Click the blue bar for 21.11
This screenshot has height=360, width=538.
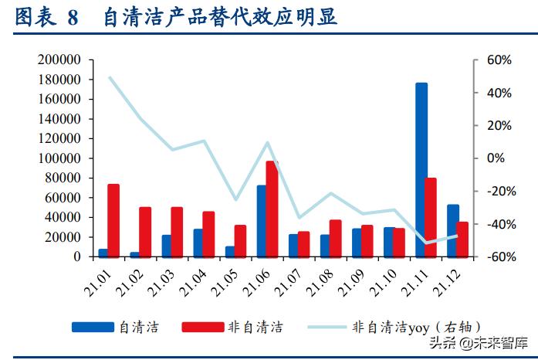pos(421,169)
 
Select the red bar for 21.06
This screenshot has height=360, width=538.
pos(272,209)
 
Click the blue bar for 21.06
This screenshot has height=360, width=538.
pos(262,221)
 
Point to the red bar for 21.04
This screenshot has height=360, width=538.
pos(208,234)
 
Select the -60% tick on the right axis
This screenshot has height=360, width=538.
pos(498,256)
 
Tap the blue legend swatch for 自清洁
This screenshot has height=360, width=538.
pos(90,327)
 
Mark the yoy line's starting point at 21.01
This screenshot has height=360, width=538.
pos(110,77)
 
